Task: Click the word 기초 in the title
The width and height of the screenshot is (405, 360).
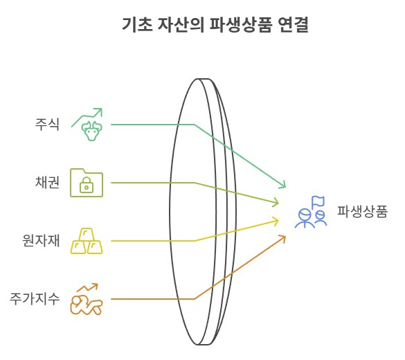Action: point(137,25)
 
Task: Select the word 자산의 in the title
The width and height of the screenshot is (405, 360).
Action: point(181,25)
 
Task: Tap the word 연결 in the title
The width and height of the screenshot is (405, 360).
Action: point(294,25)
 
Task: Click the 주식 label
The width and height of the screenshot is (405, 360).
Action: point(47,124)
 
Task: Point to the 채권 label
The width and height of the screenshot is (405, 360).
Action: point(47,182)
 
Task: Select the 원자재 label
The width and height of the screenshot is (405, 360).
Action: point(41,240)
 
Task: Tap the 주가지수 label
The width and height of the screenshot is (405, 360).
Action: point(35,299)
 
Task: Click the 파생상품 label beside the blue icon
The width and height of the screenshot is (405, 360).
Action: point(362,212)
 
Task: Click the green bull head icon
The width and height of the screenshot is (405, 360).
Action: point(91,131)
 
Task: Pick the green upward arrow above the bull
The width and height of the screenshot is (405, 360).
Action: point(87,118)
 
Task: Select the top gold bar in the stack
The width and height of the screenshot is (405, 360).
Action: point(87,235)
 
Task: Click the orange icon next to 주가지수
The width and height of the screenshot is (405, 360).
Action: point(87,299)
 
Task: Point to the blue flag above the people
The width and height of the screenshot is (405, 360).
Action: point(318,201)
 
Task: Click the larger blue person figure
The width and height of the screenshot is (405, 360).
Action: point(305,219)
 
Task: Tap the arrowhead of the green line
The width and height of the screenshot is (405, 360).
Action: point(283,184)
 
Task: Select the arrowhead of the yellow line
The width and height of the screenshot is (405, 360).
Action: point(276,221)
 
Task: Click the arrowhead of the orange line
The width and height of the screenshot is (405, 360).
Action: point(282,238)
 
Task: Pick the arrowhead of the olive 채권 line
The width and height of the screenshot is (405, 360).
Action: point(276,202)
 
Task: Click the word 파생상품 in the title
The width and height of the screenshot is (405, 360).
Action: point(241,25)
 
